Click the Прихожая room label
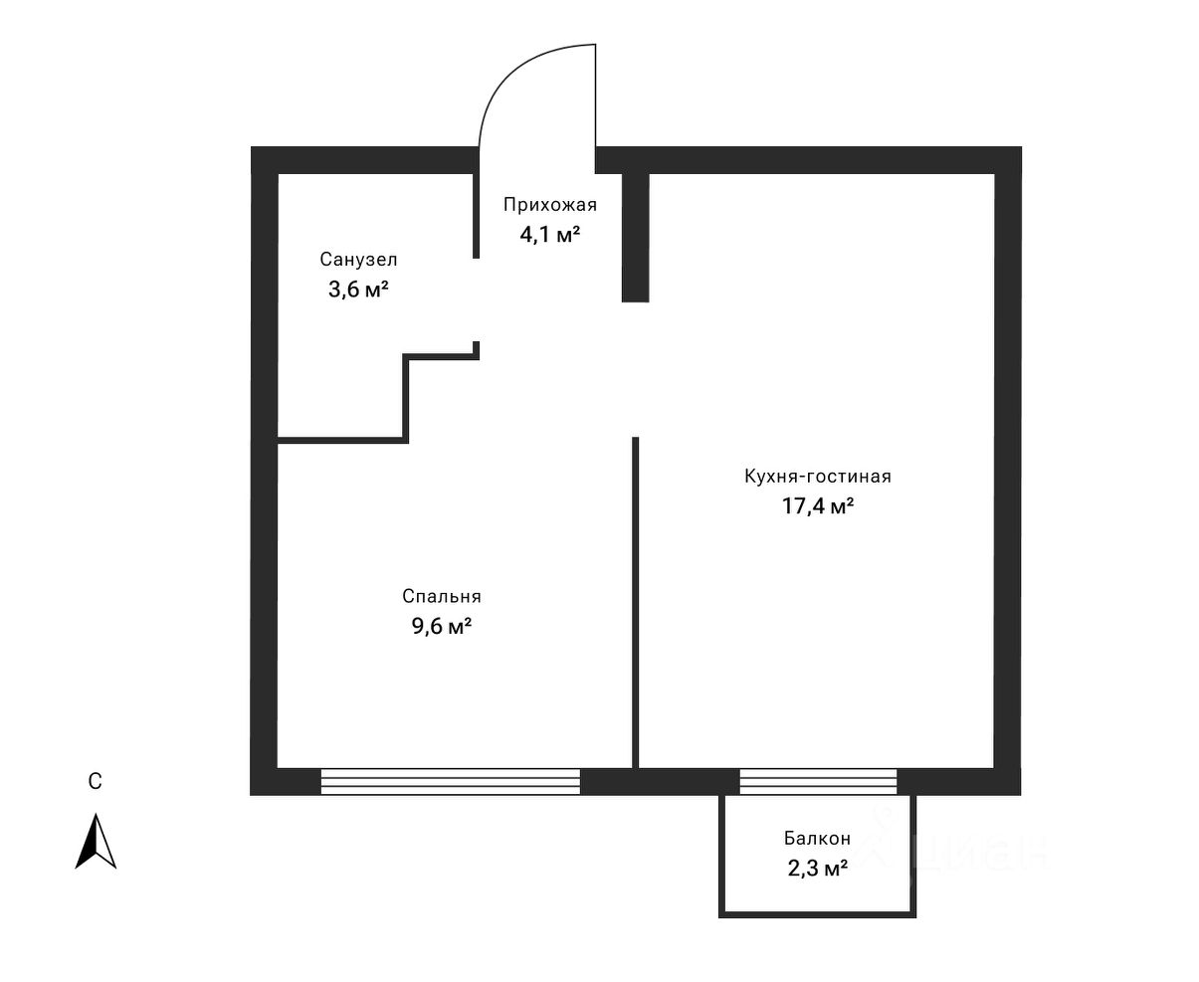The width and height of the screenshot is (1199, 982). click(549, 206)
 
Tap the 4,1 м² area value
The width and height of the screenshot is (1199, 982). click(549, 236)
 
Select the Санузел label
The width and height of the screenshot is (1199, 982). click(358, 260)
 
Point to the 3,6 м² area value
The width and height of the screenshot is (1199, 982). click(358, 291)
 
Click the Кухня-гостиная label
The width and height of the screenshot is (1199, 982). click(817, 477)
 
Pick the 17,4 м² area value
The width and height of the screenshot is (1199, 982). click(818, 507)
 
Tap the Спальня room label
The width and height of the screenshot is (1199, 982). click(442, 597)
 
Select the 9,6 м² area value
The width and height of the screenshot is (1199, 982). click(442, 628)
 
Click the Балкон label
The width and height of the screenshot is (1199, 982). click(817, 839)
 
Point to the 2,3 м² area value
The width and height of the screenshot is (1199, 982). click(817, 869)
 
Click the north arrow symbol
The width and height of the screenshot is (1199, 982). click(96, 842)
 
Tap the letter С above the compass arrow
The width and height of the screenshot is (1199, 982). click(95, 782)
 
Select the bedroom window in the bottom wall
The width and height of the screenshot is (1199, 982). click(450, 781)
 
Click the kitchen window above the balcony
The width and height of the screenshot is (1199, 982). click(818, 781)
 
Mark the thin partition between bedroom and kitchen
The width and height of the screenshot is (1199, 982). click(635, 602)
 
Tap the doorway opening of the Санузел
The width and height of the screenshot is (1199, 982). click(477, 299)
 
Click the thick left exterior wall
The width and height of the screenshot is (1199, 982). click(264, 468)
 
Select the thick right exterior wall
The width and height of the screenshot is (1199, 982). click(1008, 468)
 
